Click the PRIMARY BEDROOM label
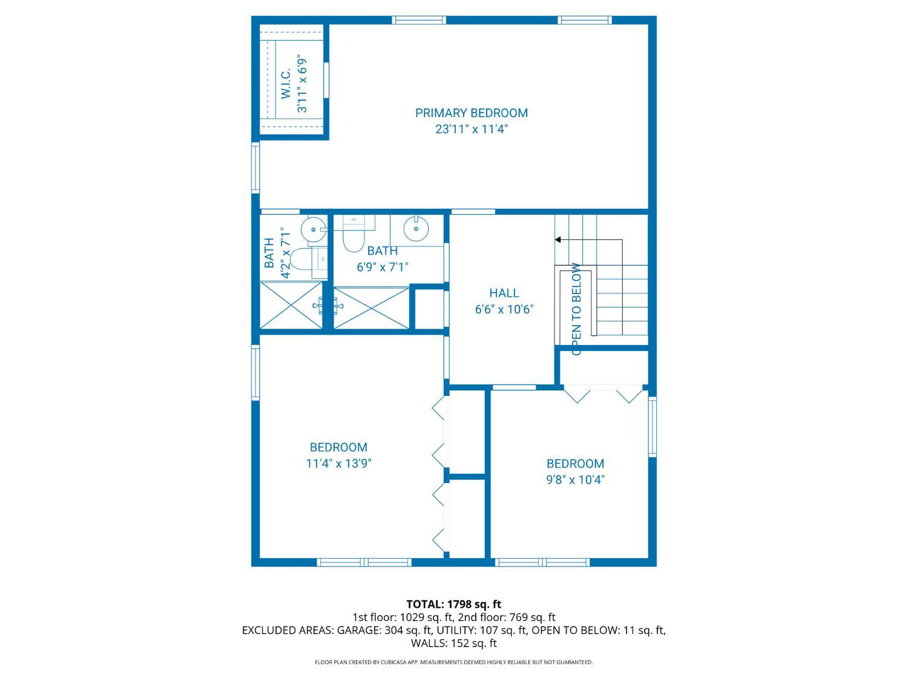(x=471, y=113)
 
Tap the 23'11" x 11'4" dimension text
(x=471, y=130)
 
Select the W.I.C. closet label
(x=286, y=83)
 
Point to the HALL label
(x=504, y=293)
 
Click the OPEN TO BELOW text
(x=576, y=309)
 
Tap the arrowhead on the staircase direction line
(x=558, y=240)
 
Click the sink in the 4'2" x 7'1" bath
(x=313, y=229)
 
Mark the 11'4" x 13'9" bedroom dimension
(x=338, y=464)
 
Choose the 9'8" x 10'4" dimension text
(x=576, y=479)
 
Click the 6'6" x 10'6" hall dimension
(x=504, y=309)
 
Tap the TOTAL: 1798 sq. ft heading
(x=454, y=604)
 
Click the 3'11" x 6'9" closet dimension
(x=302, y=83)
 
